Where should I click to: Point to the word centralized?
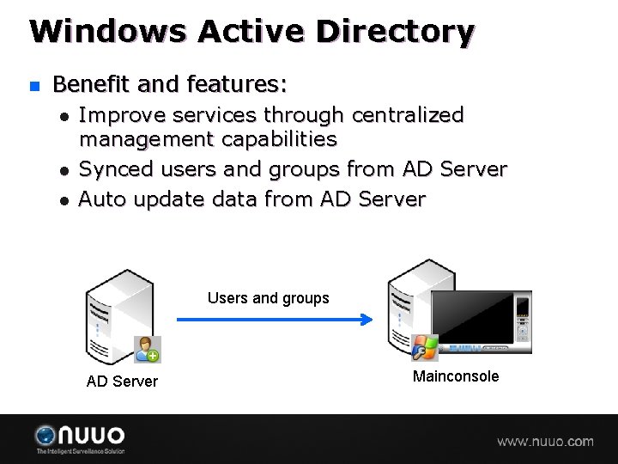(408, 115)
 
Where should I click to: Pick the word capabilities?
(279, 138)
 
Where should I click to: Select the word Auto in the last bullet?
(101, 199)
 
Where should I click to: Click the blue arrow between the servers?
(275, 320)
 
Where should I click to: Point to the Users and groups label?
(268, 298)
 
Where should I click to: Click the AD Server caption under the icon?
(122, 381)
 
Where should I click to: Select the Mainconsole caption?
(455, 376)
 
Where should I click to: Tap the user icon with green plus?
(148, 350)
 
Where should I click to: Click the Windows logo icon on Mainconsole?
(425, 347)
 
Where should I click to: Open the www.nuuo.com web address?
(545, 442)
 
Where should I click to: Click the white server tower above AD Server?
(116, 314)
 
